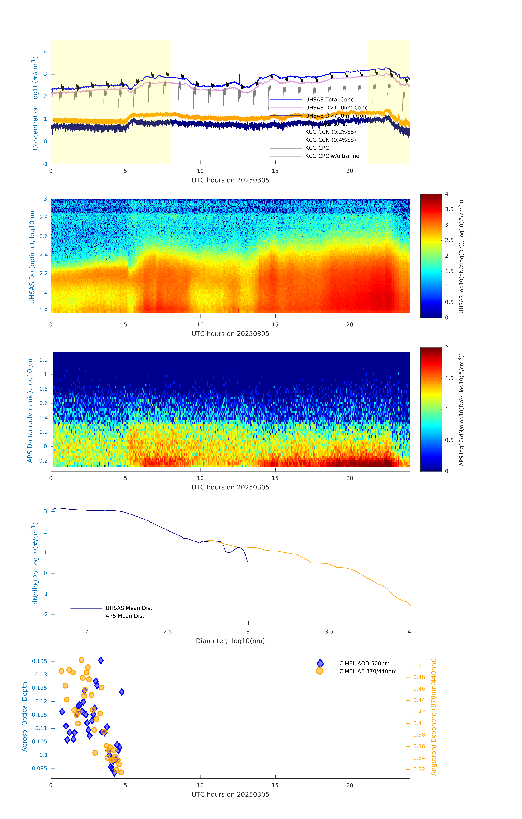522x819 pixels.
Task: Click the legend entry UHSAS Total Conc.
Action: point(330,100)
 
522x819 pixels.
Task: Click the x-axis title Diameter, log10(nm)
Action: point(230,641)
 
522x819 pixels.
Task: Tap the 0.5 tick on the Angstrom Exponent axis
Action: point(417,666)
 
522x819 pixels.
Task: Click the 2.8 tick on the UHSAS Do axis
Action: point(44,218)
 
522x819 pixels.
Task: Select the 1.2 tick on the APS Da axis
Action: point(44,360)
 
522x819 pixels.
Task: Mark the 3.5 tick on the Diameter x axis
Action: point(329,632)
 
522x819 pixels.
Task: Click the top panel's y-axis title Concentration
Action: point(35,103)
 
